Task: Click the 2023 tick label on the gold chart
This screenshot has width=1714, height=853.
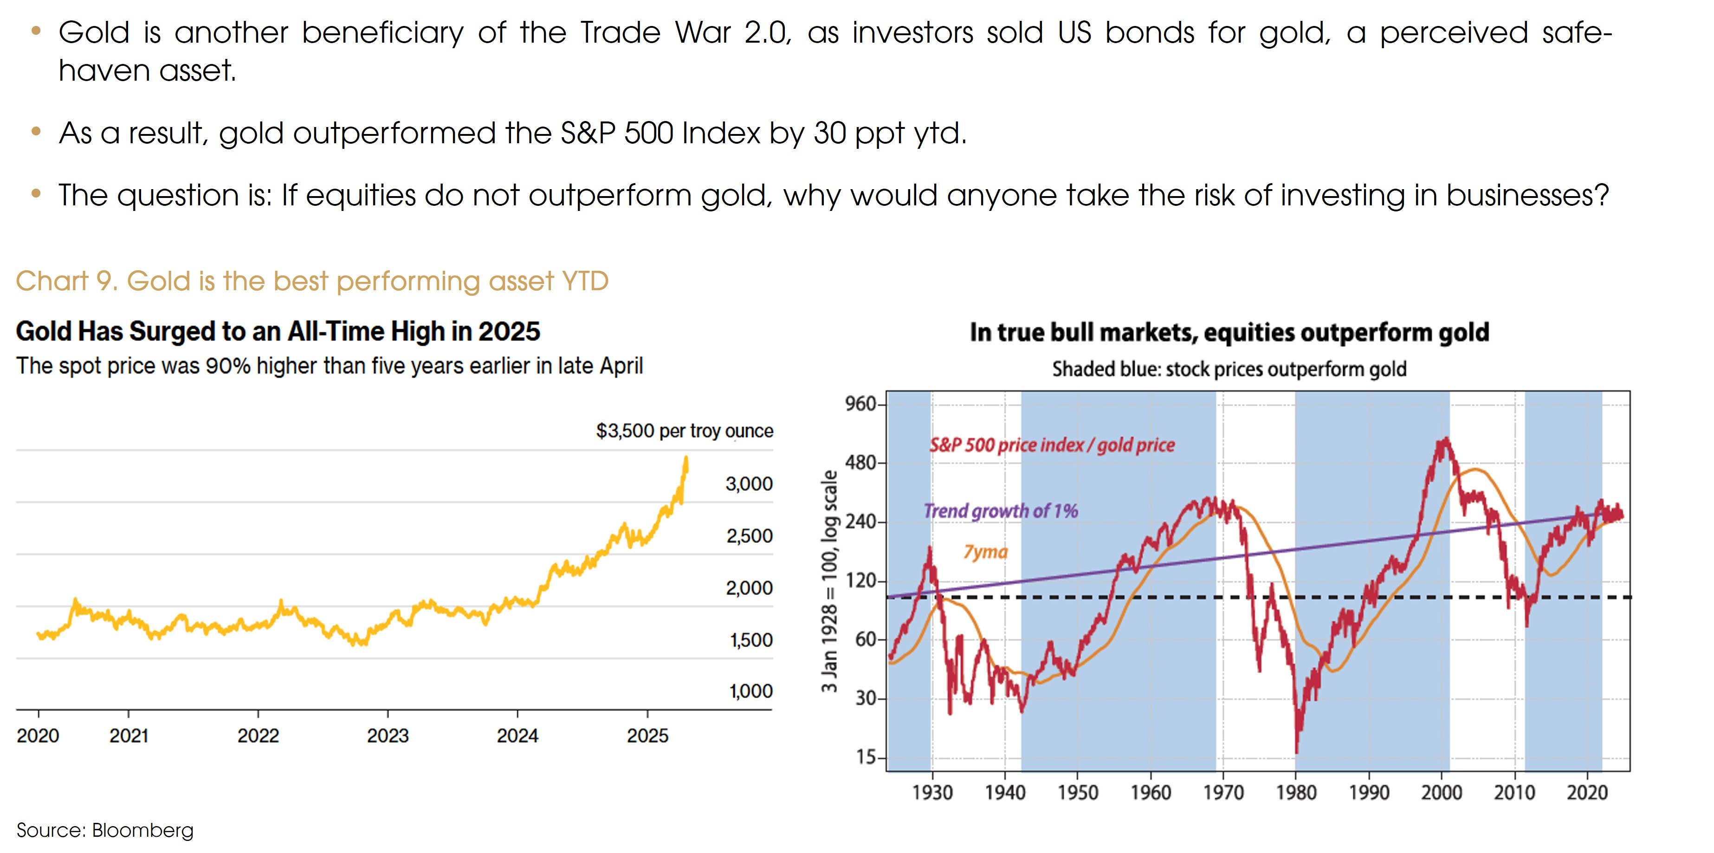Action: point(388,736)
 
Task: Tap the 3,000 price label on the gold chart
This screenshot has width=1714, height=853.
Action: point(749,484)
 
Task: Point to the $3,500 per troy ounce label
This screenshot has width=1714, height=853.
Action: point(685,432)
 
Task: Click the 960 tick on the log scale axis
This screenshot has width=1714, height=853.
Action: point(861,404)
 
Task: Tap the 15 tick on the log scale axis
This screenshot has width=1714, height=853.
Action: point(867,757)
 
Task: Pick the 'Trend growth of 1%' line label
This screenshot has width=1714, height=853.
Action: point(1001,511)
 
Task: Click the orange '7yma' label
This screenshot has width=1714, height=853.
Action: point(985,552)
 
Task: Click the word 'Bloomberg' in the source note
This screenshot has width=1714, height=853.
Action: point(142,830)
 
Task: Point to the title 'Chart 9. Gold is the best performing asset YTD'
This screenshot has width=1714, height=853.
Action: point(312,281)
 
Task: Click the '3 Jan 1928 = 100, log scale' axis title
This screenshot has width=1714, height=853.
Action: point(830,582)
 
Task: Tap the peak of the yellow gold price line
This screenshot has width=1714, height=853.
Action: point(686,458)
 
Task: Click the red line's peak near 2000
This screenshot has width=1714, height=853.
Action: point(1445,439)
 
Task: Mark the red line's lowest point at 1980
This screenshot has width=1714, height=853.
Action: point(1297,752)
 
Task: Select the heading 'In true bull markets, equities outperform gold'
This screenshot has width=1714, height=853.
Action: point(1229,332)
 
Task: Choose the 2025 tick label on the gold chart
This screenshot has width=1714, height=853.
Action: point(647,736)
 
